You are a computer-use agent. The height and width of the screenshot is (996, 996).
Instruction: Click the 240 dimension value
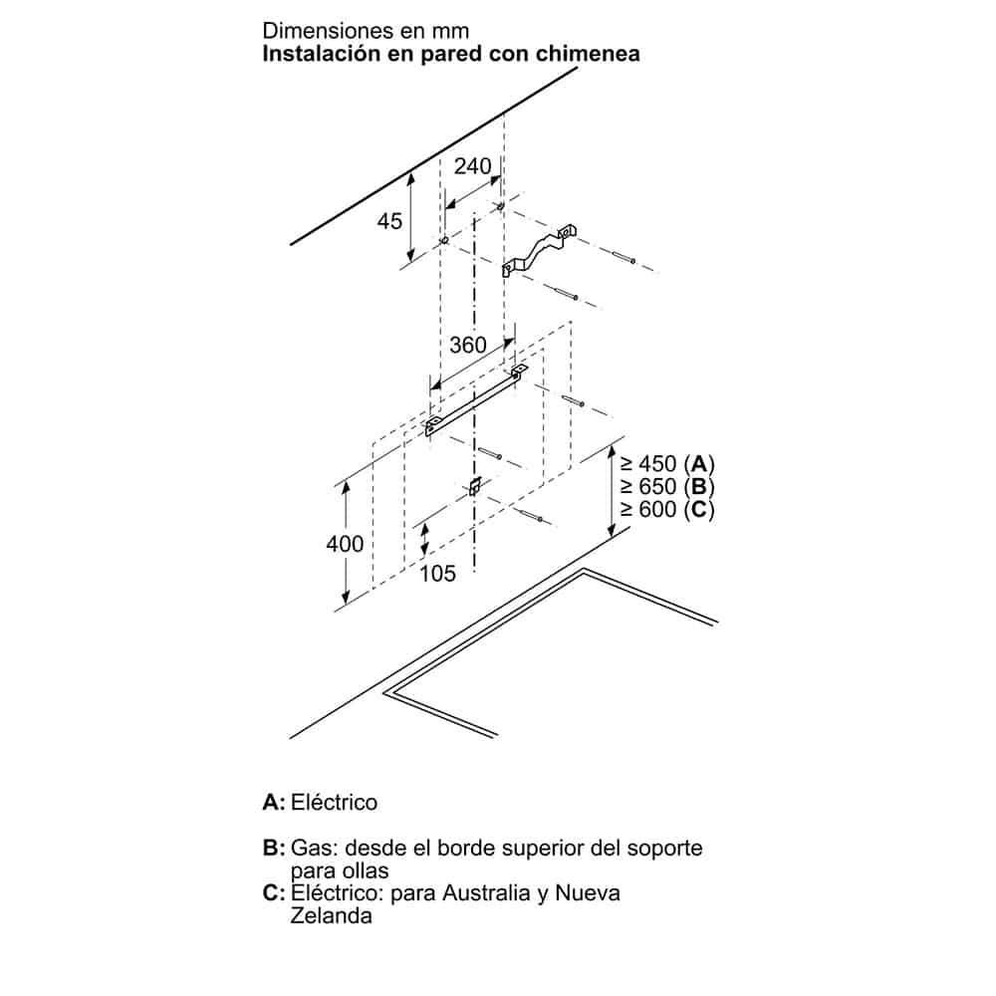click(472, 166)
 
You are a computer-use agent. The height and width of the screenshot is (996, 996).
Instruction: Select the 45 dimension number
click(390, 221)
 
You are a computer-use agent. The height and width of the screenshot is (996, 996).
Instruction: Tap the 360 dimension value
click(468, 345)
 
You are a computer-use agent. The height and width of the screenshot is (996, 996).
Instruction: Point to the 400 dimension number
click(345, 544)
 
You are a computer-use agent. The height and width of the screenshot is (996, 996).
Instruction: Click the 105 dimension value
click(437, 574)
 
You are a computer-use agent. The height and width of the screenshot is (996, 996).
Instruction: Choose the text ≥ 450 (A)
click(667, 464)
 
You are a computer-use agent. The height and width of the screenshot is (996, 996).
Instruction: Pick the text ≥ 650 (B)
click(667, 487)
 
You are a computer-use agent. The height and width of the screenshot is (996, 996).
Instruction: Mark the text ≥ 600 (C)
click(667, 509)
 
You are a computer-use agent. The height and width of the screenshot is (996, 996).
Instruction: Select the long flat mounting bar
click(476, 400)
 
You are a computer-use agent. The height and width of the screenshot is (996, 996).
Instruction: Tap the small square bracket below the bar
click(475, 487)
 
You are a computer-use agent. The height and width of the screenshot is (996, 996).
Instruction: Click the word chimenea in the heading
click(588, 54)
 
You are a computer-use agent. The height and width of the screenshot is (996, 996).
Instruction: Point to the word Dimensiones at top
click(320, 31)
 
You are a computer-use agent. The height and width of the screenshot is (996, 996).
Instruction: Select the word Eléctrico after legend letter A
click(334, 802)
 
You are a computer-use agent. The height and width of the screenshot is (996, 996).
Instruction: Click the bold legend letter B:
click(274, 848)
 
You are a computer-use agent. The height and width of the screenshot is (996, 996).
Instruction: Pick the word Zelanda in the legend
click(331, 916)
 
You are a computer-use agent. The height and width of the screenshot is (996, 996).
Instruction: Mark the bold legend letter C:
click(274, 893)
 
